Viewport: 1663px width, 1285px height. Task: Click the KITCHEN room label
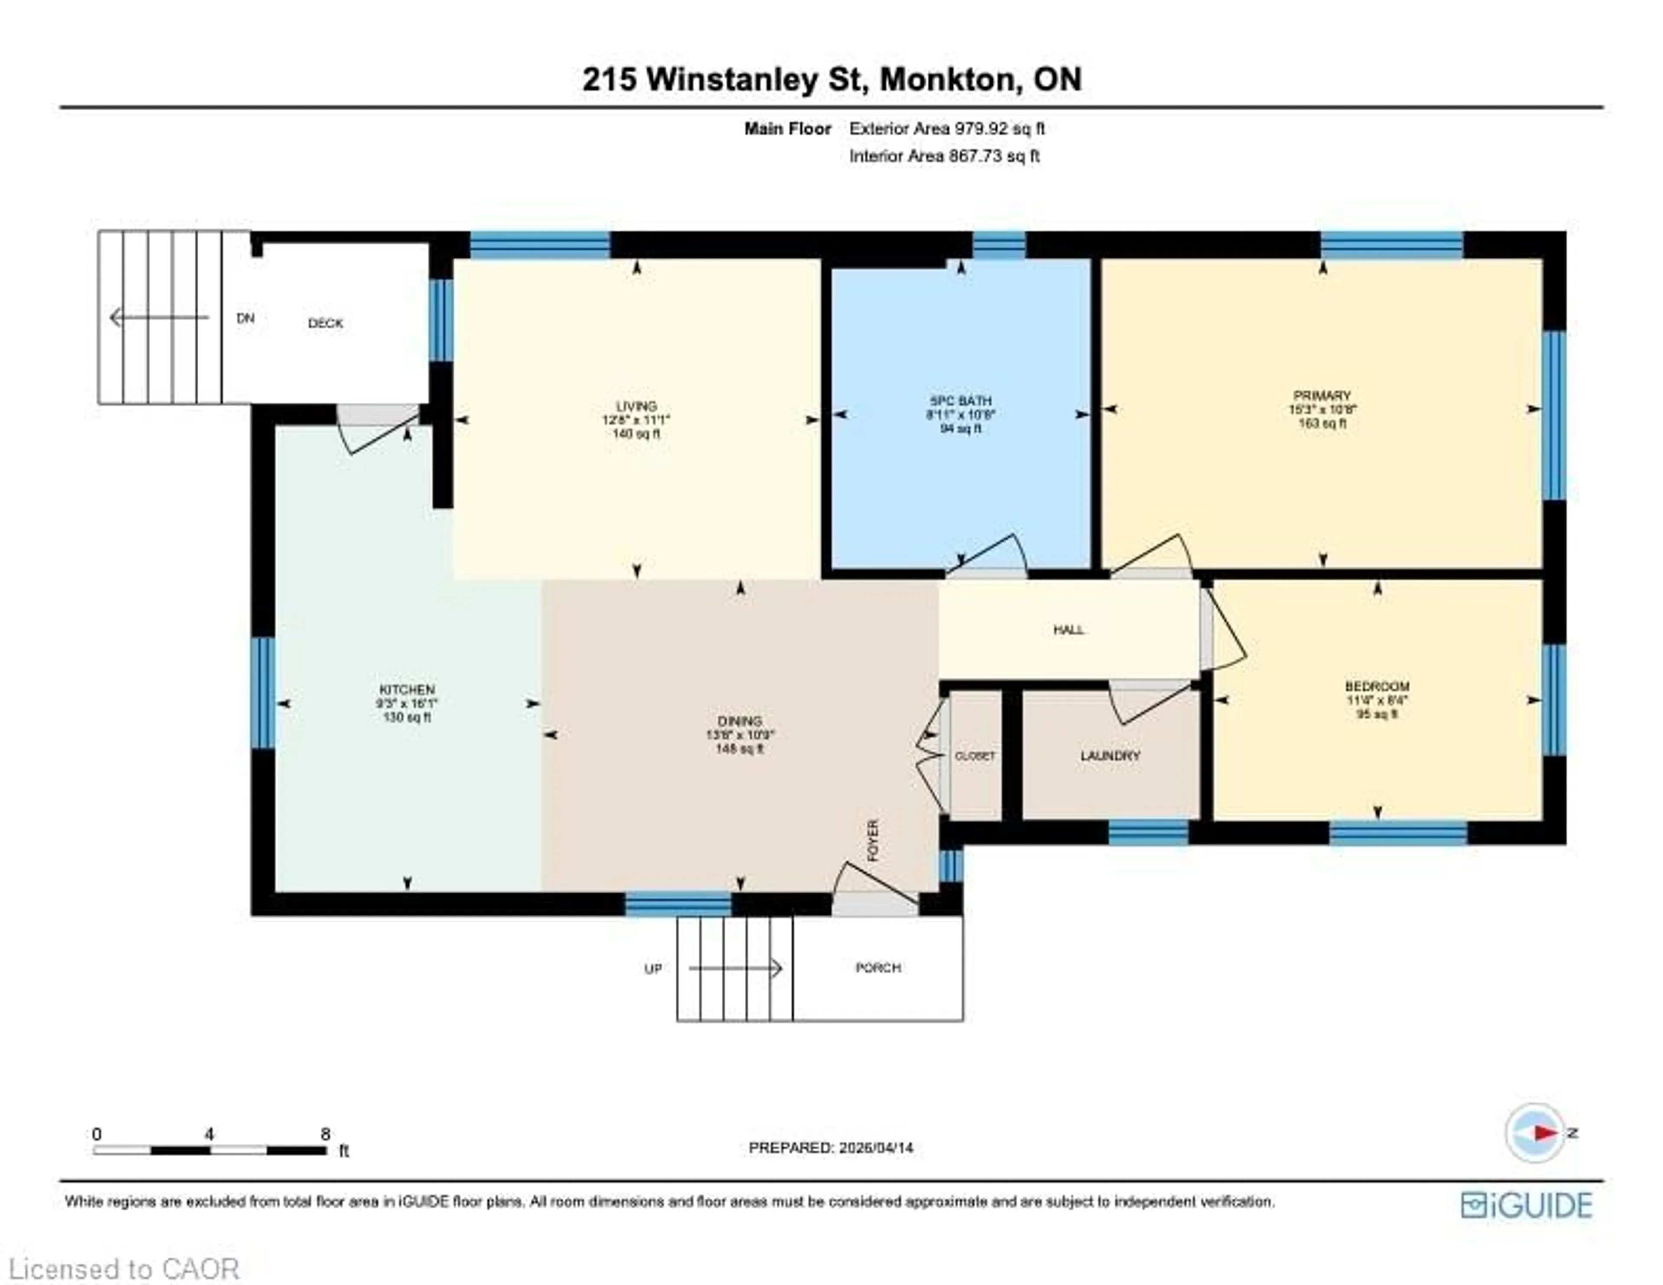407,689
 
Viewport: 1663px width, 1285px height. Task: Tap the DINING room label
739,721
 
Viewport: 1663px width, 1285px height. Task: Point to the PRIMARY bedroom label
1322,395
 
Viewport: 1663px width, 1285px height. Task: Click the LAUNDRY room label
1110,756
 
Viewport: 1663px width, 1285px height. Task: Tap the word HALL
1068,629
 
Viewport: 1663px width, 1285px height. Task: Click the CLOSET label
975,756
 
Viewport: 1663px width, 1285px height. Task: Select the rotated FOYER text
874,840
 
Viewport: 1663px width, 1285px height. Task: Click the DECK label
325,323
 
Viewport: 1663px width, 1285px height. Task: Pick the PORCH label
878,968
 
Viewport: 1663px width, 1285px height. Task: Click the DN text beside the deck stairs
245,318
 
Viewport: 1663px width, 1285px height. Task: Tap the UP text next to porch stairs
653,969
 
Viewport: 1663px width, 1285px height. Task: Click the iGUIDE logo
1526,1205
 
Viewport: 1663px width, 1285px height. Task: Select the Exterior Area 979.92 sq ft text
946,129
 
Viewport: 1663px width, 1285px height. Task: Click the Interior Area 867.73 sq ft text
944,156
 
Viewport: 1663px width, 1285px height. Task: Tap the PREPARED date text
831,1147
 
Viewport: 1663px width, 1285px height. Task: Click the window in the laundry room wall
1148,832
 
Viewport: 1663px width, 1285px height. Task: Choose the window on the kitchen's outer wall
263,693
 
